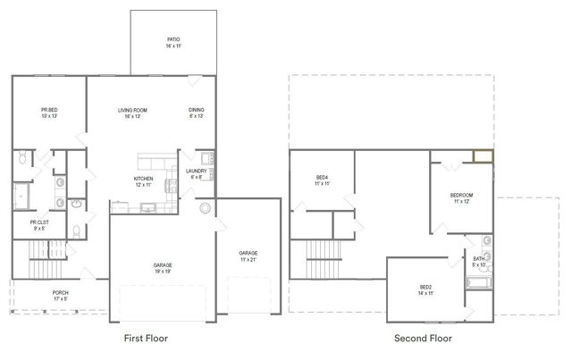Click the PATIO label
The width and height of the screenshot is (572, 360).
tap(173, 39)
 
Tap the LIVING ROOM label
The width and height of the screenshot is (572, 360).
tap(132, 110)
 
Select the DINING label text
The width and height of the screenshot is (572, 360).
tap(196, 110)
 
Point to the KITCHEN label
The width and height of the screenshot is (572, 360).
tap(144, 178)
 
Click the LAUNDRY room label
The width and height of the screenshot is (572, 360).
tap(197, 171)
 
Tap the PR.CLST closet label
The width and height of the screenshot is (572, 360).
tap(39, 222)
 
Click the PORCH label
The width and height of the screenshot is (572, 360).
tap(60, 292)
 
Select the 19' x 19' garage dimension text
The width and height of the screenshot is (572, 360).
tap(163, 272)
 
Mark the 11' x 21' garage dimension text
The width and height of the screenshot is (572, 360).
tap(248, 259)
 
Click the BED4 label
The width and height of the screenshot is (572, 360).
tap(322, 177)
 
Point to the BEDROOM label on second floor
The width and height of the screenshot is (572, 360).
tap(461, 195)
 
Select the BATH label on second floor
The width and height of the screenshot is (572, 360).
tap(479, 258)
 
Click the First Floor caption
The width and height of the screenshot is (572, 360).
tap(145, 339)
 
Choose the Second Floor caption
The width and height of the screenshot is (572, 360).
tap(423, 339)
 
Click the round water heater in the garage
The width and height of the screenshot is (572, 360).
tap(206, 209)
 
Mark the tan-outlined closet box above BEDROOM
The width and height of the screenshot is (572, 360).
tap(483, 157)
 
